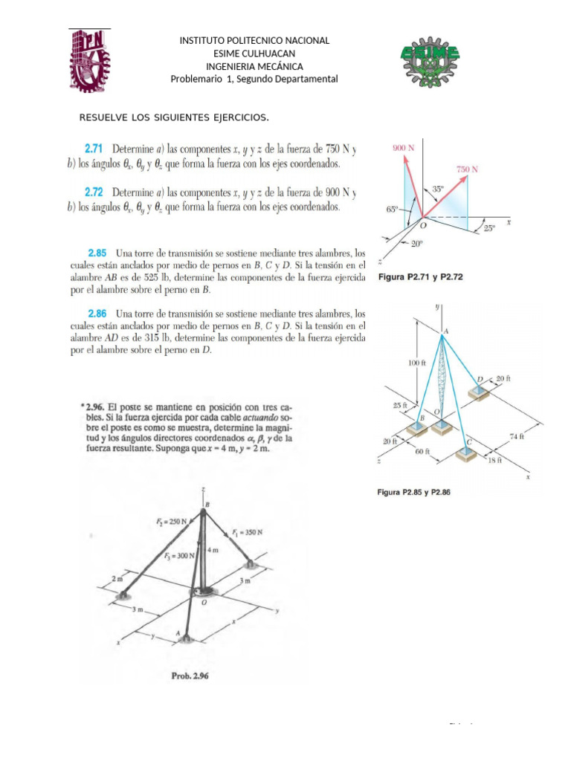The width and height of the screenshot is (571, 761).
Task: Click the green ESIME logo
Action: (430, 59)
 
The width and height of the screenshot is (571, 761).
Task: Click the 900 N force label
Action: (404, 148)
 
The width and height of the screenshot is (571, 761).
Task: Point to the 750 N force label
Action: (466, 169)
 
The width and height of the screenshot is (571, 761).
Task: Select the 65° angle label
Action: (392, 210)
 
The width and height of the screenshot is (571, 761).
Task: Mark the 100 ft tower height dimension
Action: (420, 363)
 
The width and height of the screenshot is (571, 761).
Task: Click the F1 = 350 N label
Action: (248, 532)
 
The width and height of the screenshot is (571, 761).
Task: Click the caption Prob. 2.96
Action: (192, 676)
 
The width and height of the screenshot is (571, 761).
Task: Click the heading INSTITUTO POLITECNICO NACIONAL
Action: (254, 41)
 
